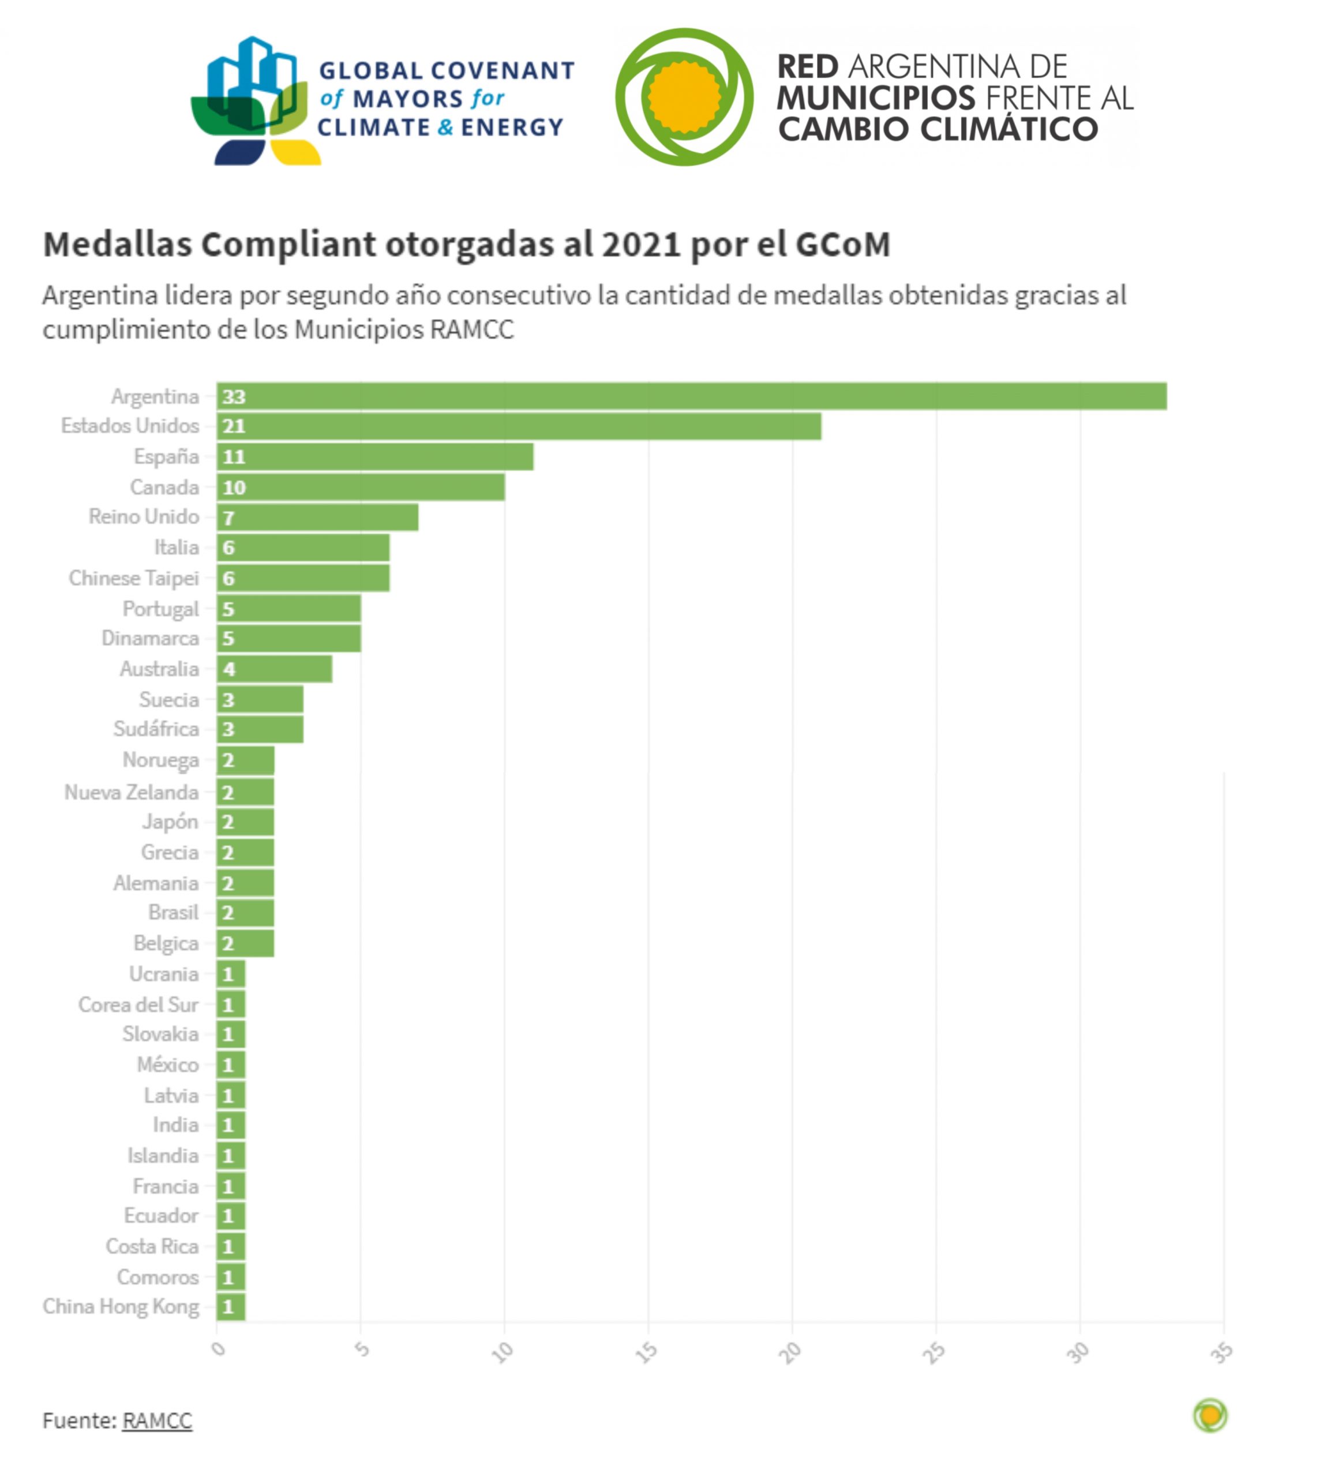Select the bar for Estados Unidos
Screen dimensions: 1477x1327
click(x=519, y=426)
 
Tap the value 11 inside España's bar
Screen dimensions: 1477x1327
click(x=234, y=457)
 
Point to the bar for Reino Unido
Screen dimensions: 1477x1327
click(x=317, y=518)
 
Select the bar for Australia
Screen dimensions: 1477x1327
click(x=274, y=669)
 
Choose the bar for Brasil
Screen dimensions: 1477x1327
click(x=245, y=912)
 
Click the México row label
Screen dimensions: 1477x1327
click(x=168, y=1064)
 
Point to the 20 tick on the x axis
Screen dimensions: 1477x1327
click(x=790, y=1353)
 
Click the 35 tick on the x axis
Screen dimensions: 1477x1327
click(x=1222, y=1353)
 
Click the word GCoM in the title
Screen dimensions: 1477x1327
click(x=843, y=244)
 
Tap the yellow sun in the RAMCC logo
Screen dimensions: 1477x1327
click(x=683, y=97)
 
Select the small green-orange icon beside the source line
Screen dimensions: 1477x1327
click(x=1210, y=1416)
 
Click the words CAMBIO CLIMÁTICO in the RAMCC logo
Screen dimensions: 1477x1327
click(x=938, y=130)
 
